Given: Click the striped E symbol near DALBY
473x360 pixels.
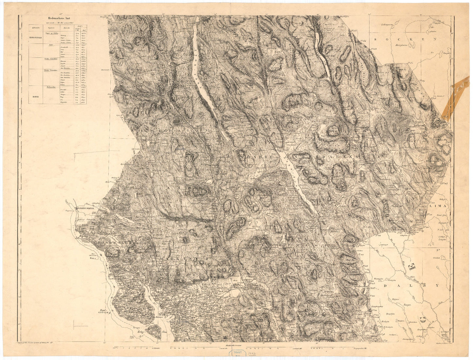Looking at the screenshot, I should click(x=412, y=267).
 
